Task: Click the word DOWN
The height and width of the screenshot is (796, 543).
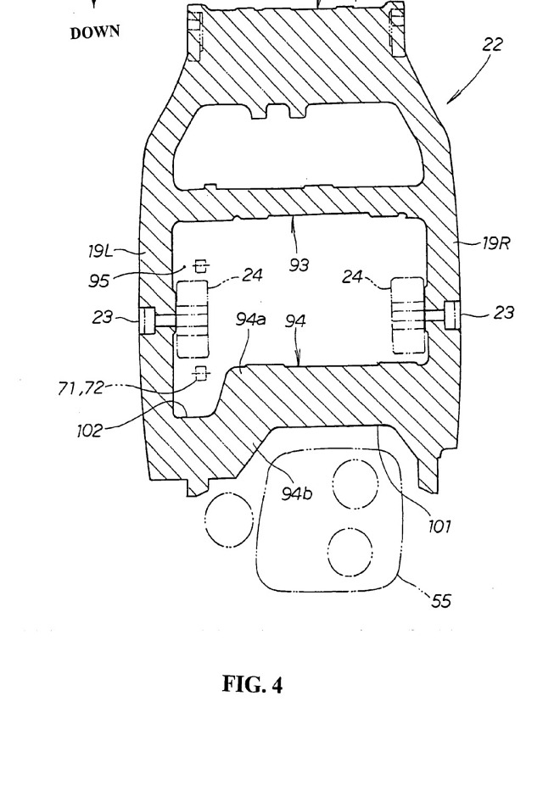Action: pos(95,32)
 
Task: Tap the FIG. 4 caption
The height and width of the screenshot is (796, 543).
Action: pos(252,684)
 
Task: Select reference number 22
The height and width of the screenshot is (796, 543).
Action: pos(492,45)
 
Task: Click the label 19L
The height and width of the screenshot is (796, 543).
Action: pos(100,252)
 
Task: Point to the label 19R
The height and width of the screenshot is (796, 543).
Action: pos(495,243)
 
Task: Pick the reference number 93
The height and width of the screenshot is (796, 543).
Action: pos(299,264)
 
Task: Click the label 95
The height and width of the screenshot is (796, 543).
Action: pos(98,281)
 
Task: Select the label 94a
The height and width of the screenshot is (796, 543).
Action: pos(251,320)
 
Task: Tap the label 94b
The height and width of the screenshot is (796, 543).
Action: pos(297,493)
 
